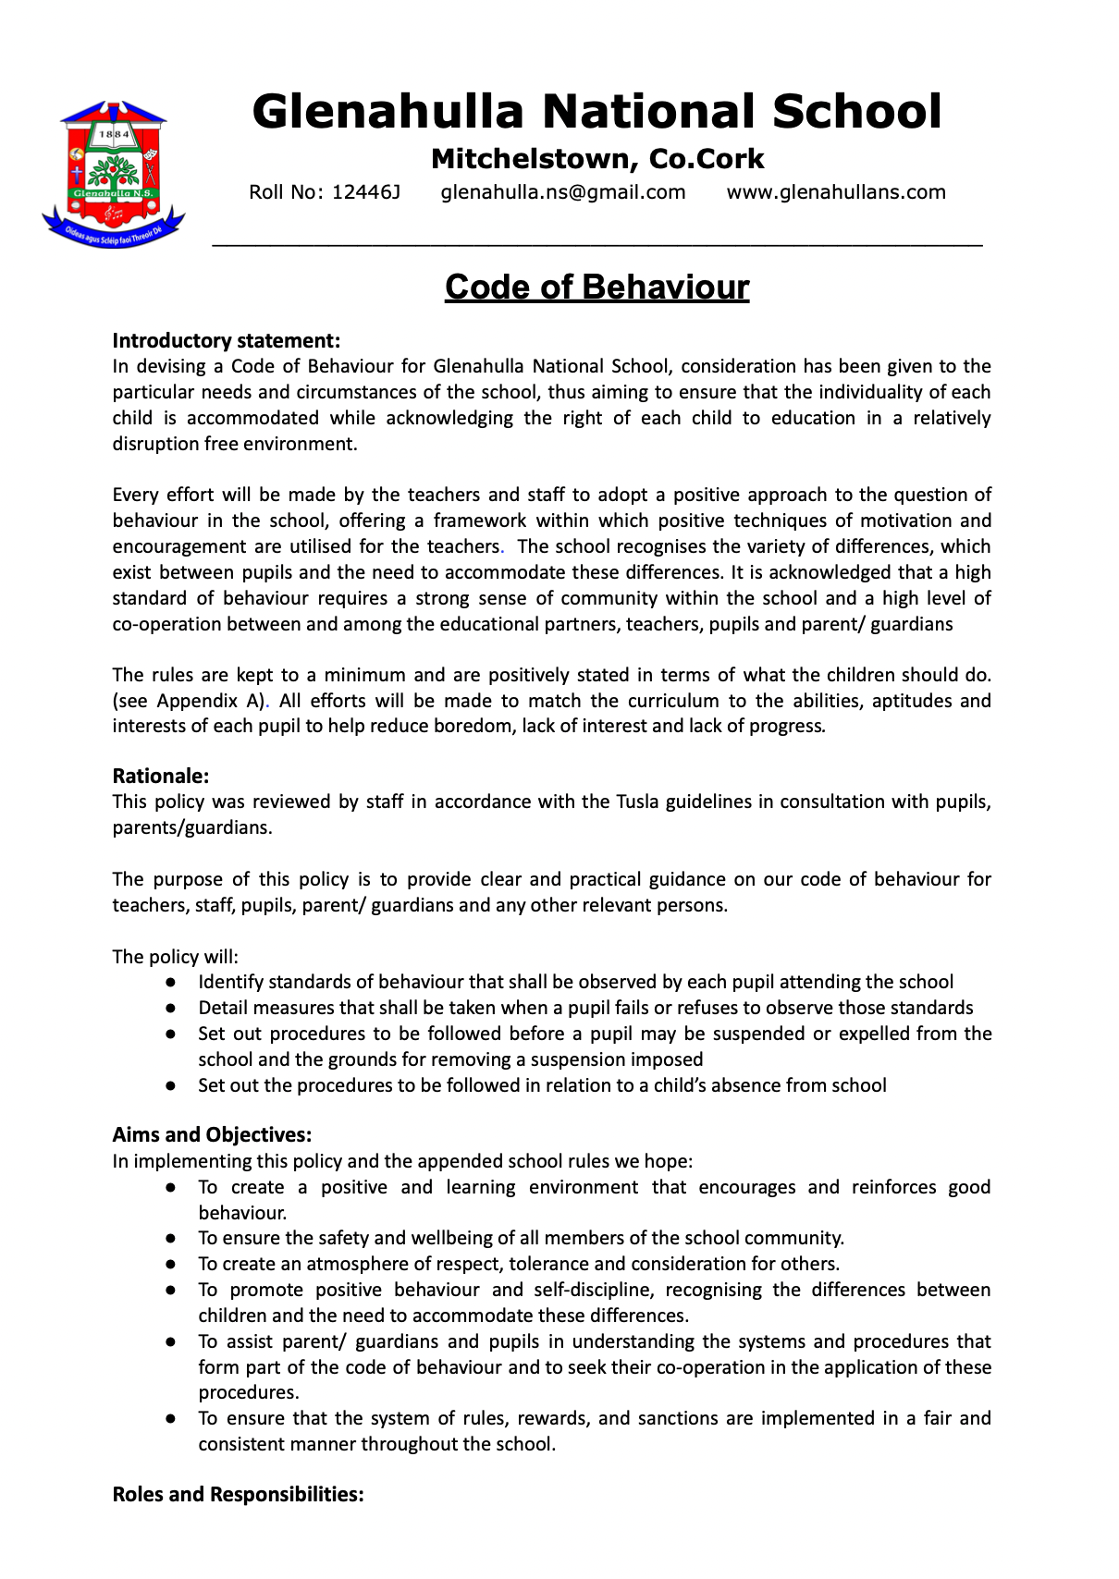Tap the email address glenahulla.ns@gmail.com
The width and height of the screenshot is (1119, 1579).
(x=563, y=192)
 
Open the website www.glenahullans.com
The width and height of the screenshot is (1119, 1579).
(x=836, y=192)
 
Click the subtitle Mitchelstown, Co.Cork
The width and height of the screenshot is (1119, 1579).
(x=597, y=159)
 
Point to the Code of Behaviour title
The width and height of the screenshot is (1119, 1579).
(x=596, y=288)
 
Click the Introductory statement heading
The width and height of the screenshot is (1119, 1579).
(x=227, y=341)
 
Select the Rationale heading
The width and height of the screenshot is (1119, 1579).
(x=161, y=776)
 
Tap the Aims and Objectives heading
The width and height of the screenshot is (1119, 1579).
(x=212, y=1134)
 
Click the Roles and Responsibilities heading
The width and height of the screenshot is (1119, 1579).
(x=238, y=1494)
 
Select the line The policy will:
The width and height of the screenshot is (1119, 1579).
(x=176, y=957)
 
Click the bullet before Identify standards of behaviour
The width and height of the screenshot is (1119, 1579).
(x=171, y=983)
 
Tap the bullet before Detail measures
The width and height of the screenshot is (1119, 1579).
(x=171, y=1009)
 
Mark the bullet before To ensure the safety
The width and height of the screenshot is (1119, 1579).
(x=171, y=1239)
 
